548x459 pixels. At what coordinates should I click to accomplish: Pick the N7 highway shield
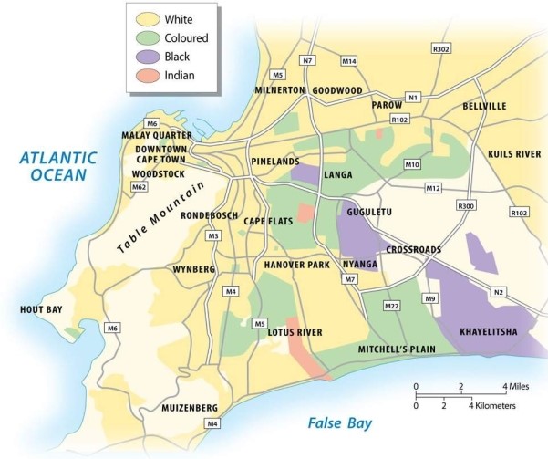307,60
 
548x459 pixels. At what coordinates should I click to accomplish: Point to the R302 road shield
442,47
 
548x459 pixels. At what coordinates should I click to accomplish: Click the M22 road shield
392,305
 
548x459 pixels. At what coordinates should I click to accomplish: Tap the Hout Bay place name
40,310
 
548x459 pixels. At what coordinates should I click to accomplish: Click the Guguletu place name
369,212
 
